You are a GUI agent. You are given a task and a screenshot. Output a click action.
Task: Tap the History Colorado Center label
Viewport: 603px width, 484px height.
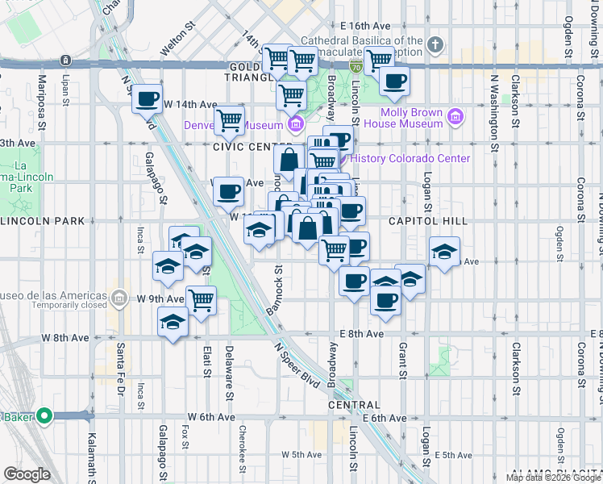point(410,158)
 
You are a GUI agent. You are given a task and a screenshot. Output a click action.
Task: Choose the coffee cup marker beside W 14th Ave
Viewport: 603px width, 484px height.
point(148,99)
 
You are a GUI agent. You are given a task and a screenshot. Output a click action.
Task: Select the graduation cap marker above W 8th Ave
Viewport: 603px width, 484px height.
point(173,322)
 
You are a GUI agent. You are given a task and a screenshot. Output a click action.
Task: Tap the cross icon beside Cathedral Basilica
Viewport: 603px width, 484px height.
point(435,44)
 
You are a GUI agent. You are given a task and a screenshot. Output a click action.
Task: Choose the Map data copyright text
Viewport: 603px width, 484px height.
point(553,478)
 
